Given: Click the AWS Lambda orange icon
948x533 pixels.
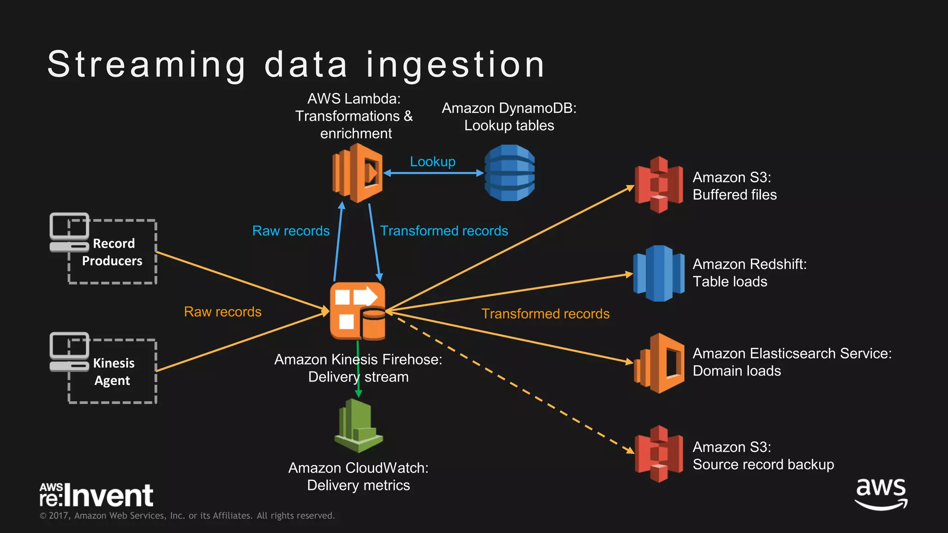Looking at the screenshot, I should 357,173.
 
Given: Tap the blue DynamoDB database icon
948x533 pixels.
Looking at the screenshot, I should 509,173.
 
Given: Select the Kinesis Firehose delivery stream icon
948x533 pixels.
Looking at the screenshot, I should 357,311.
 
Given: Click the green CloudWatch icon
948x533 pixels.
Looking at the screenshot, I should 358,426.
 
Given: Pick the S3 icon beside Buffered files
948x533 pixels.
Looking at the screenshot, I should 658,185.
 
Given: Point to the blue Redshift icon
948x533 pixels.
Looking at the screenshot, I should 658,273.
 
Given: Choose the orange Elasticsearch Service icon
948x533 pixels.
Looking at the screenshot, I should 659,363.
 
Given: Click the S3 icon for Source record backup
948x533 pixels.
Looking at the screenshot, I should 658,454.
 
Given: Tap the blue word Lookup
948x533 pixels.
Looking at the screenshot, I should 432,161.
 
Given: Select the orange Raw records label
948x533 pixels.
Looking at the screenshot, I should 223,312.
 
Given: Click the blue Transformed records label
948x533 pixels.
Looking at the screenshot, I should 443,231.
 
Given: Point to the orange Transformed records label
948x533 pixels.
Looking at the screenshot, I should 545,314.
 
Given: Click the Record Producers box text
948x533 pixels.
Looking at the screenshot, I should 112,252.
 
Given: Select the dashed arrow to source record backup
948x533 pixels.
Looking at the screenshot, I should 509,384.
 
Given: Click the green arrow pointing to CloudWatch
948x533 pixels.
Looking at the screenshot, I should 358,370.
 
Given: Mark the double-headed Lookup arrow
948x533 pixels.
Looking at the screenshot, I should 433,173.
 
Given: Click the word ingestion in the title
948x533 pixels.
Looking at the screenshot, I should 455,65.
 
